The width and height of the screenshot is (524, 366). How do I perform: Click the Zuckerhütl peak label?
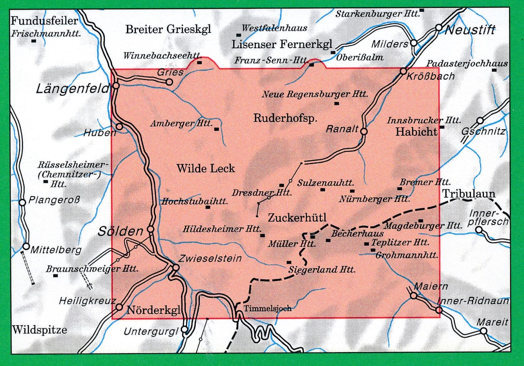(x=297, y=217)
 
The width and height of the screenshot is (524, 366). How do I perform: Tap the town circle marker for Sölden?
(x=151, y=229)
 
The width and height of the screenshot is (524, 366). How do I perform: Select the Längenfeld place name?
(x=72, y=88)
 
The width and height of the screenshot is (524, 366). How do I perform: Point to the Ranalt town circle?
(x=364, y=131)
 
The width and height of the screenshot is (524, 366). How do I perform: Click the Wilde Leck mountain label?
(x=206, y=168)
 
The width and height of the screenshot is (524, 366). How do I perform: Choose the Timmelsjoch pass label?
(x=267, y=308)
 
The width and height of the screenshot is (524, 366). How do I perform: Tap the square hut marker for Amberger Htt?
(x=216, y=129)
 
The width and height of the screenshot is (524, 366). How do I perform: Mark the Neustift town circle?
(x=439, y=27)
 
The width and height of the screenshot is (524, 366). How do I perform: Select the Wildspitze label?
(x=39, y=329)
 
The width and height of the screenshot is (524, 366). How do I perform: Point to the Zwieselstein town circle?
(x=176, y=268)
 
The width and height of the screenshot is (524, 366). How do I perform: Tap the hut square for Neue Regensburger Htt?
(x=336, y=103)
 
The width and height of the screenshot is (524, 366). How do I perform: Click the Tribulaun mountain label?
(x=469, y=194)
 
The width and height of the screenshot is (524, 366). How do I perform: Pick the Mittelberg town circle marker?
(x=26, y=246)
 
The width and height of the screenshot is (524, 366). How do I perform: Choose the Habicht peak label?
(x=416, y=132)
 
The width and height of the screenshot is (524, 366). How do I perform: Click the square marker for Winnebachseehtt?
(x=200, y=62)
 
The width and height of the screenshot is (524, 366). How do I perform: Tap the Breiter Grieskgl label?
(x=168, y=29)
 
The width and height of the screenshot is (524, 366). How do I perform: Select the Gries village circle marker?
(x=169, y=82)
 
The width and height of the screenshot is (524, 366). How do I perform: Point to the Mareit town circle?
(x=483, y=331)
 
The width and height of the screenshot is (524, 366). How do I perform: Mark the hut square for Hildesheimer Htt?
(x=263, y=235)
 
